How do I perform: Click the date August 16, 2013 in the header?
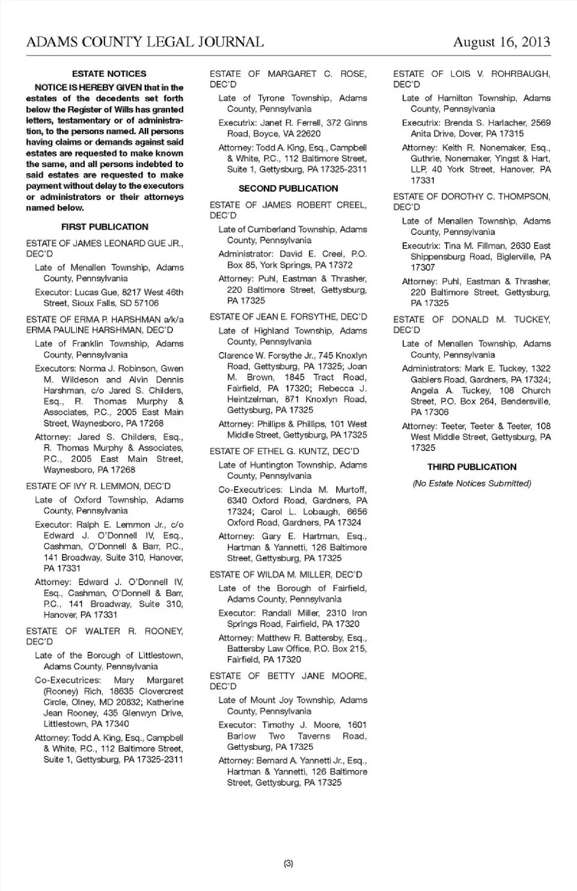[x=501, y=42]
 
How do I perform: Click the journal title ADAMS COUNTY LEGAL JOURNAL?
[x=145, y=42]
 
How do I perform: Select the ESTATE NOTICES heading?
[x=109, y=74]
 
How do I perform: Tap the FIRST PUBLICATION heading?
[x=105, y=227]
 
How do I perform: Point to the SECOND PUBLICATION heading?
[x=288, y=189]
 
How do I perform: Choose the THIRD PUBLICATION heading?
[x=472, y=467]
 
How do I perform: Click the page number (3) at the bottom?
[x=288, y=863]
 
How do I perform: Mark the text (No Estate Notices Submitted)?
[x=472, y=483]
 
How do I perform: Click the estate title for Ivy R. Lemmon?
[x=98, y=486]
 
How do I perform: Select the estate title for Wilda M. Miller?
[x=286, y=574]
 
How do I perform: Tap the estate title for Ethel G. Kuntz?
[x=284, y=451]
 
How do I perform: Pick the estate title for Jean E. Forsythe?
[x=288, y=317]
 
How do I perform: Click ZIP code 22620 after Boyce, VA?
[x=308, y=134]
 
